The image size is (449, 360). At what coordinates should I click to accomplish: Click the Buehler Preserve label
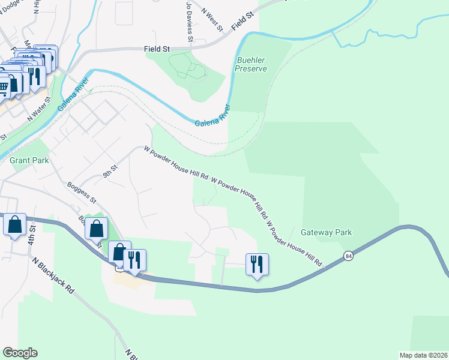point(251,65)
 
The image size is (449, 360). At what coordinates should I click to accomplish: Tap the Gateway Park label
point(326,232)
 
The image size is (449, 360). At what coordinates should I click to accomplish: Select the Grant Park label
point(28,161)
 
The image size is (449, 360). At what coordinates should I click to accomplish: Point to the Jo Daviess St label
point(189,21)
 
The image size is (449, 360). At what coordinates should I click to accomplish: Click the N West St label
point(212,20)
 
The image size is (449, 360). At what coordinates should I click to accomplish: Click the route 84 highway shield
point(348,256)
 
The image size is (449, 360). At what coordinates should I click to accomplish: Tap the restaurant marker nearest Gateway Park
point(257,263)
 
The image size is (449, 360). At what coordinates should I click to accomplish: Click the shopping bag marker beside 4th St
point(14,225)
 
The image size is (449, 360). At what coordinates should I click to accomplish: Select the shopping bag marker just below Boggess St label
point(96,229)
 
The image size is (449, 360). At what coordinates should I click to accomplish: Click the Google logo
point(20,353)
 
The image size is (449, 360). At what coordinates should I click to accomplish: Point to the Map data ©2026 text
point(423,355)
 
